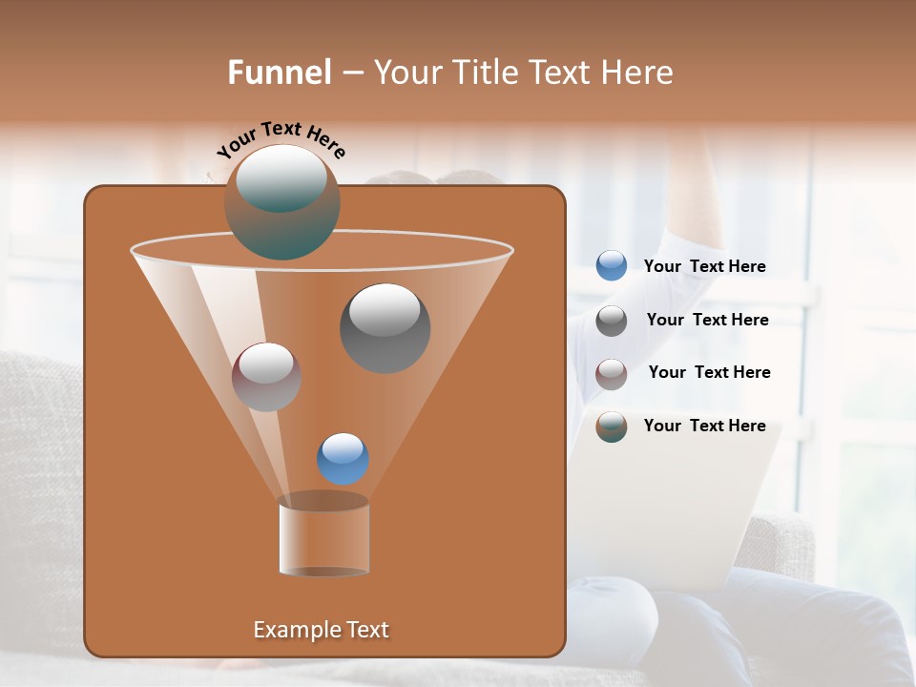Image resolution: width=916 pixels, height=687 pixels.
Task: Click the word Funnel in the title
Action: click(279, 73)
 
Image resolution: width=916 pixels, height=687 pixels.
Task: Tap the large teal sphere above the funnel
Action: click(281, 202)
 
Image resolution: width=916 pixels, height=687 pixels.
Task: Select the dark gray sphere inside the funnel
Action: click(385, 327)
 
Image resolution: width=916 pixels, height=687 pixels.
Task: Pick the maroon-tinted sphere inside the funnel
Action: click(266, 377)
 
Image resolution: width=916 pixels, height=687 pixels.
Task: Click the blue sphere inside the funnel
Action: click(343, 458)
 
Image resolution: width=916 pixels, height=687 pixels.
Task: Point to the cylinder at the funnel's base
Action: click(323, 536)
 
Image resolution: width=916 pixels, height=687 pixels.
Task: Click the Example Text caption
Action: click(321, 630)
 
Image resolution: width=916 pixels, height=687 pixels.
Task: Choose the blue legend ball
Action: click(612, 266)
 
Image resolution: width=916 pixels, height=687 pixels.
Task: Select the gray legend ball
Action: click(612, 321)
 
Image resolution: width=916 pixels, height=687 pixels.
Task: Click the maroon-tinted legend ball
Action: click(612, 373)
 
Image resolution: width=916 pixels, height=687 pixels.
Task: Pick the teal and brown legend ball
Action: click(612, 427)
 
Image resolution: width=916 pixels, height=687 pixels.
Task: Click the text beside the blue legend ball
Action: click(704, 267)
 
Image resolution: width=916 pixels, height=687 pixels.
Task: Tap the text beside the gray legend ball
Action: click(707, 321)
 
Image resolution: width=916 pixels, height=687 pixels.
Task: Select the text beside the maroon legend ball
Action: click(709, 373)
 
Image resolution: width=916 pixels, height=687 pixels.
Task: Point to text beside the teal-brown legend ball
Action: click(704, 427)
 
